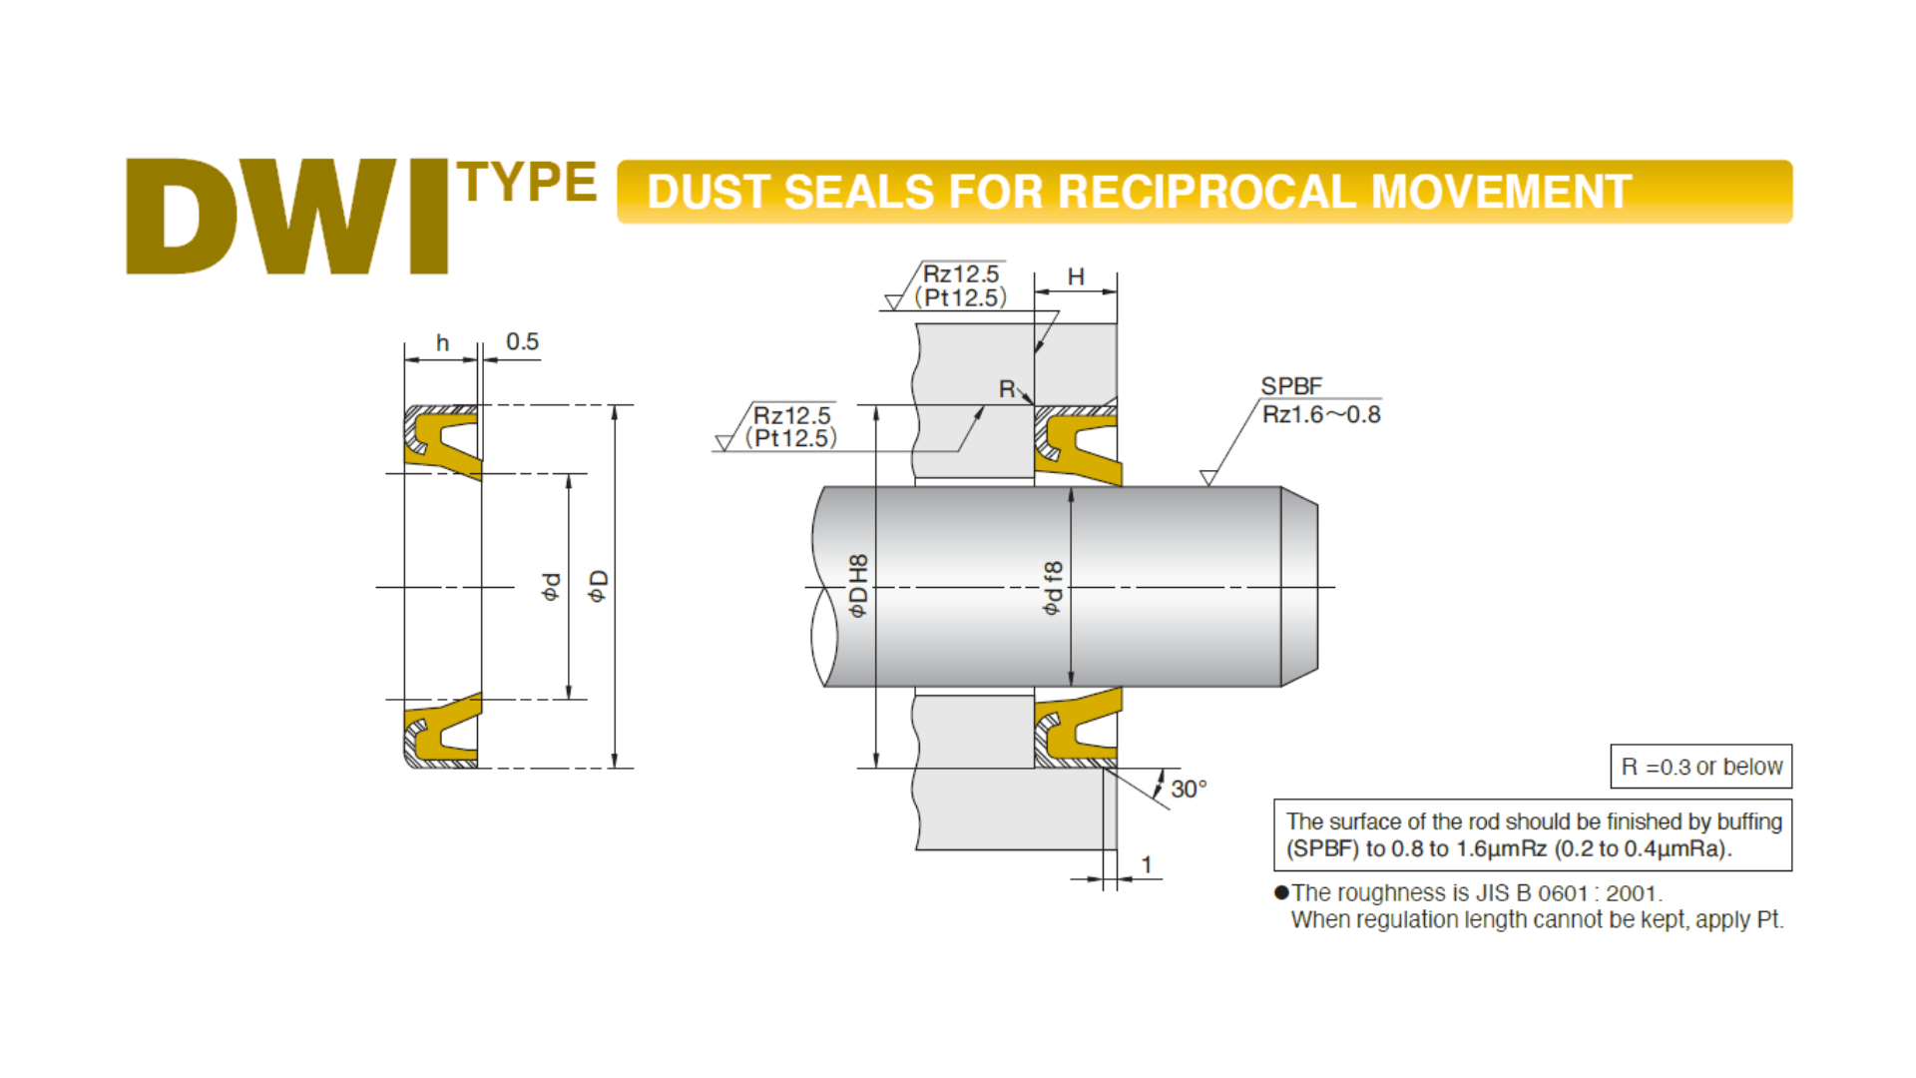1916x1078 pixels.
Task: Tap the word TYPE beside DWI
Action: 527,183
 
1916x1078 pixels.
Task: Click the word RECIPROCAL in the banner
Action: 1207,192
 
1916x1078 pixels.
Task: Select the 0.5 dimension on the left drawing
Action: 522,341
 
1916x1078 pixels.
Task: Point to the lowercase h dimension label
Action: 442,343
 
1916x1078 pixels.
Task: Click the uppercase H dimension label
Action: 1076,276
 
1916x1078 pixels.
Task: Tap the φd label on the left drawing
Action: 551,587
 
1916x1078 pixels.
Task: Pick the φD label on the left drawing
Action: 597,586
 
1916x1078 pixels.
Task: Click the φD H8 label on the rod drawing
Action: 857,587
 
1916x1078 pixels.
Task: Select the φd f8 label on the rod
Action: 1052,588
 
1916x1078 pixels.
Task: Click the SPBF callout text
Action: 1291,386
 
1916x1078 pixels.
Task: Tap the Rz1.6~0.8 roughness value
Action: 1321,414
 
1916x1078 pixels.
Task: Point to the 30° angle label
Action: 1189,789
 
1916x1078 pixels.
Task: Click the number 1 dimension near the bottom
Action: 1147,864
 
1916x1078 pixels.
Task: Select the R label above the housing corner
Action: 1007,388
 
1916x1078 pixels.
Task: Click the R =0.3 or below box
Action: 1700,767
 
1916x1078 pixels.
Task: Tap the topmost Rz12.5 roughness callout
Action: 960,274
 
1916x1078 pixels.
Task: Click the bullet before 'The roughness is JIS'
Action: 1281,892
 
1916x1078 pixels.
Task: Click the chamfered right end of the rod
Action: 1299,587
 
